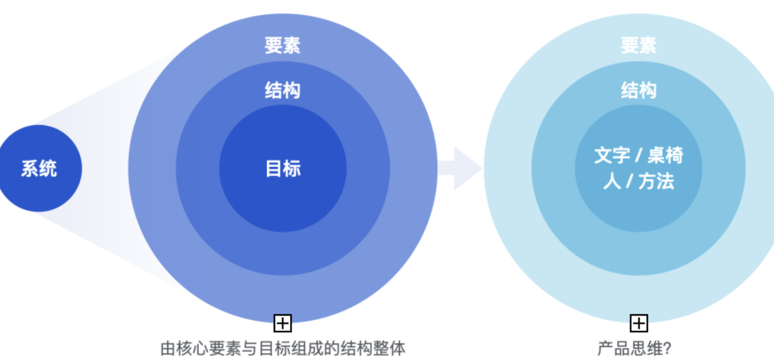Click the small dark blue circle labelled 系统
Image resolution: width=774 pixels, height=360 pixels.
click(x=39, y=168)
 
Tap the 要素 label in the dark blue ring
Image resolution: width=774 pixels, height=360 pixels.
click(x=282, y=45)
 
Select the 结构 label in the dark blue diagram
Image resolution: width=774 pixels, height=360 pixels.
click(x=282, y=91)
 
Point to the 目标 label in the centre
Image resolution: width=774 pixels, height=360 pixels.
click(x=283, y=169)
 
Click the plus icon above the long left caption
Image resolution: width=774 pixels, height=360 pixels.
click(x=283, y=323)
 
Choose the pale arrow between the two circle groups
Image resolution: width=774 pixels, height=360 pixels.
click(x=461, y=168)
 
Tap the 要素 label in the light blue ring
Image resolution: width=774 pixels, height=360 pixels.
click(x=638, y=45)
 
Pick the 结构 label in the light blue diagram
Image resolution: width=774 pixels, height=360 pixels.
click(x=638, y=91)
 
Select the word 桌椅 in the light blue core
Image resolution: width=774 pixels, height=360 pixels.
click(x=666, y=155)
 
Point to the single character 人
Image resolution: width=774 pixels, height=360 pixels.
click(x=612, y=182)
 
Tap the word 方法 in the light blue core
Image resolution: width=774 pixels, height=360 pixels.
click(x=656, y=182)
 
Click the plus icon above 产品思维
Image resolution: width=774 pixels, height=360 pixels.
click(x=639, y=323)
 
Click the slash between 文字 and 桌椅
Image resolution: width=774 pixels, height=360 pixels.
click(x=638, y=155)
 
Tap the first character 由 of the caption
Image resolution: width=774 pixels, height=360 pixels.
click(x=168, y=349)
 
